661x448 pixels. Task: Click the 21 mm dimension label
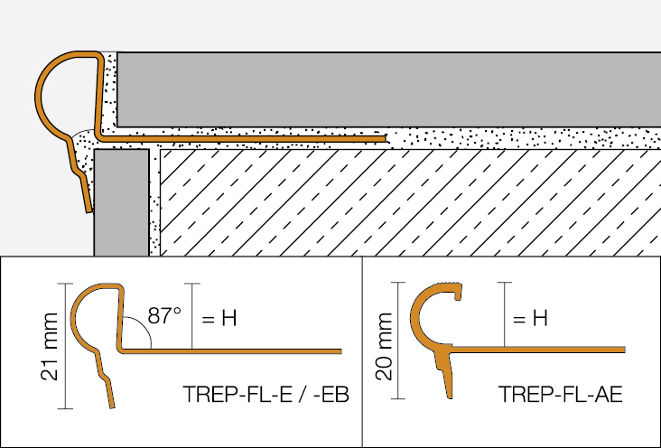point(50,346)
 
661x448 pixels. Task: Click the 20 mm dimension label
point(384,346)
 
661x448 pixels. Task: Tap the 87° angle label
point(164,315)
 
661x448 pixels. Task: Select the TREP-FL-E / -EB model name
point(266,395)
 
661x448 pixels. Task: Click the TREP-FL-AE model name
point(560,395)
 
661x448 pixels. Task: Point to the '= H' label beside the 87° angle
point(219,318)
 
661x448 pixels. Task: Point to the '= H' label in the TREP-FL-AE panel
point(530,318)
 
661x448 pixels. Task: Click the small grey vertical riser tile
point(121,202)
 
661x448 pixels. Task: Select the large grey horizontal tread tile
point(388,89)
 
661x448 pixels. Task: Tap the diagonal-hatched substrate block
point(411,202)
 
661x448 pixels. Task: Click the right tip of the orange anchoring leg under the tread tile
point(386,138)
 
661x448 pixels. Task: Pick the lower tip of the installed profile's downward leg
point(89,211)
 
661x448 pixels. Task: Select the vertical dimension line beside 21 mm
point(65,346)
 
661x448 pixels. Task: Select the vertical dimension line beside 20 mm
point(397,341)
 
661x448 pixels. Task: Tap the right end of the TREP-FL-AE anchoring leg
point(624,350)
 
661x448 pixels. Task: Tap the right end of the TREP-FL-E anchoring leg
point(340,351)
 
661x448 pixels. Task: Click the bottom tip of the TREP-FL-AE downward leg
point(450,397)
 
